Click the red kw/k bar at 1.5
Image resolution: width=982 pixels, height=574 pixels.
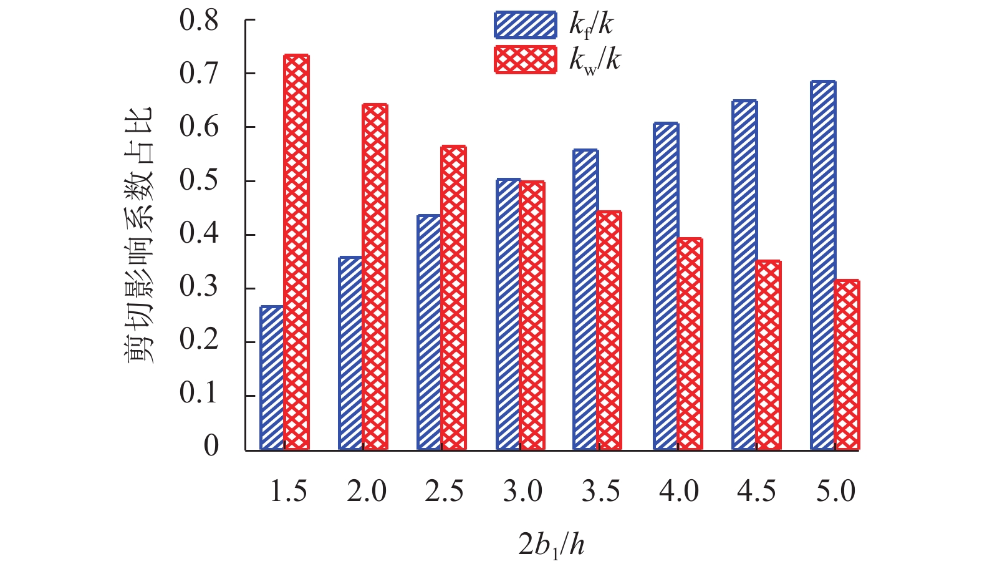(296, 252)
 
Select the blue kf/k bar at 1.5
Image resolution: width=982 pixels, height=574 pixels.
(272, 377)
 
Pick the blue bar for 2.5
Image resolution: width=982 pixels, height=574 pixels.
(430, 332)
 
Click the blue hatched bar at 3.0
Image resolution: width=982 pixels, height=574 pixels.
(508, 314)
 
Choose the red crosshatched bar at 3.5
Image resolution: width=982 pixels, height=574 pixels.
(609, 330)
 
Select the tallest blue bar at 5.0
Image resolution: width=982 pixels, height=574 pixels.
(823, 265)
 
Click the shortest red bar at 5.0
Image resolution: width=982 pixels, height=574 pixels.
(847, 365)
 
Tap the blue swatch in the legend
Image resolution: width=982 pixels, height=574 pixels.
(525, 25)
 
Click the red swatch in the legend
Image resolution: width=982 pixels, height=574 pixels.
(525, 61)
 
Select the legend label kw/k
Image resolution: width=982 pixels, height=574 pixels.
(595, 61)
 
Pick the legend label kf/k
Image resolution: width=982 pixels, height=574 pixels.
(591, 26)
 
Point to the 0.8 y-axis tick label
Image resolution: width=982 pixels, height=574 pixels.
(199, 21)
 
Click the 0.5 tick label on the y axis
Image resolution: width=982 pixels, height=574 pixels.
(199, 181)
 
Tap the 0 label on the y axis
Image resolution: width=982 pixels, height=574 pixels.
(211, 446)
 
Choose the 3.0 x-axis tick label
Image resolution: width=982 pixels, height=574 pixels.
(522, 492)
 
